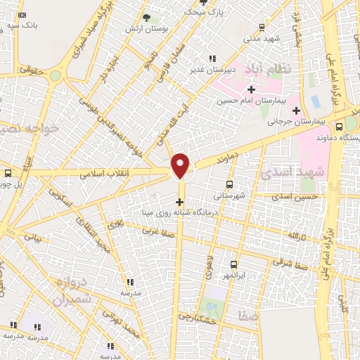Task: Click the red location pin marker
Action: pos(181,166)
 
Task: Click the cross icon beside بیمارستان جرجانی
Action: pos(296,110)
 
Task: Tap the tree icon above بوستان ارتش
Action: pos(146,18)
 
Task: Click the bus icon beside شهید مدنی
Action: pos(262,27)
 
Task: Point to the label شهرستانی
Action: pos(230,196)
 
